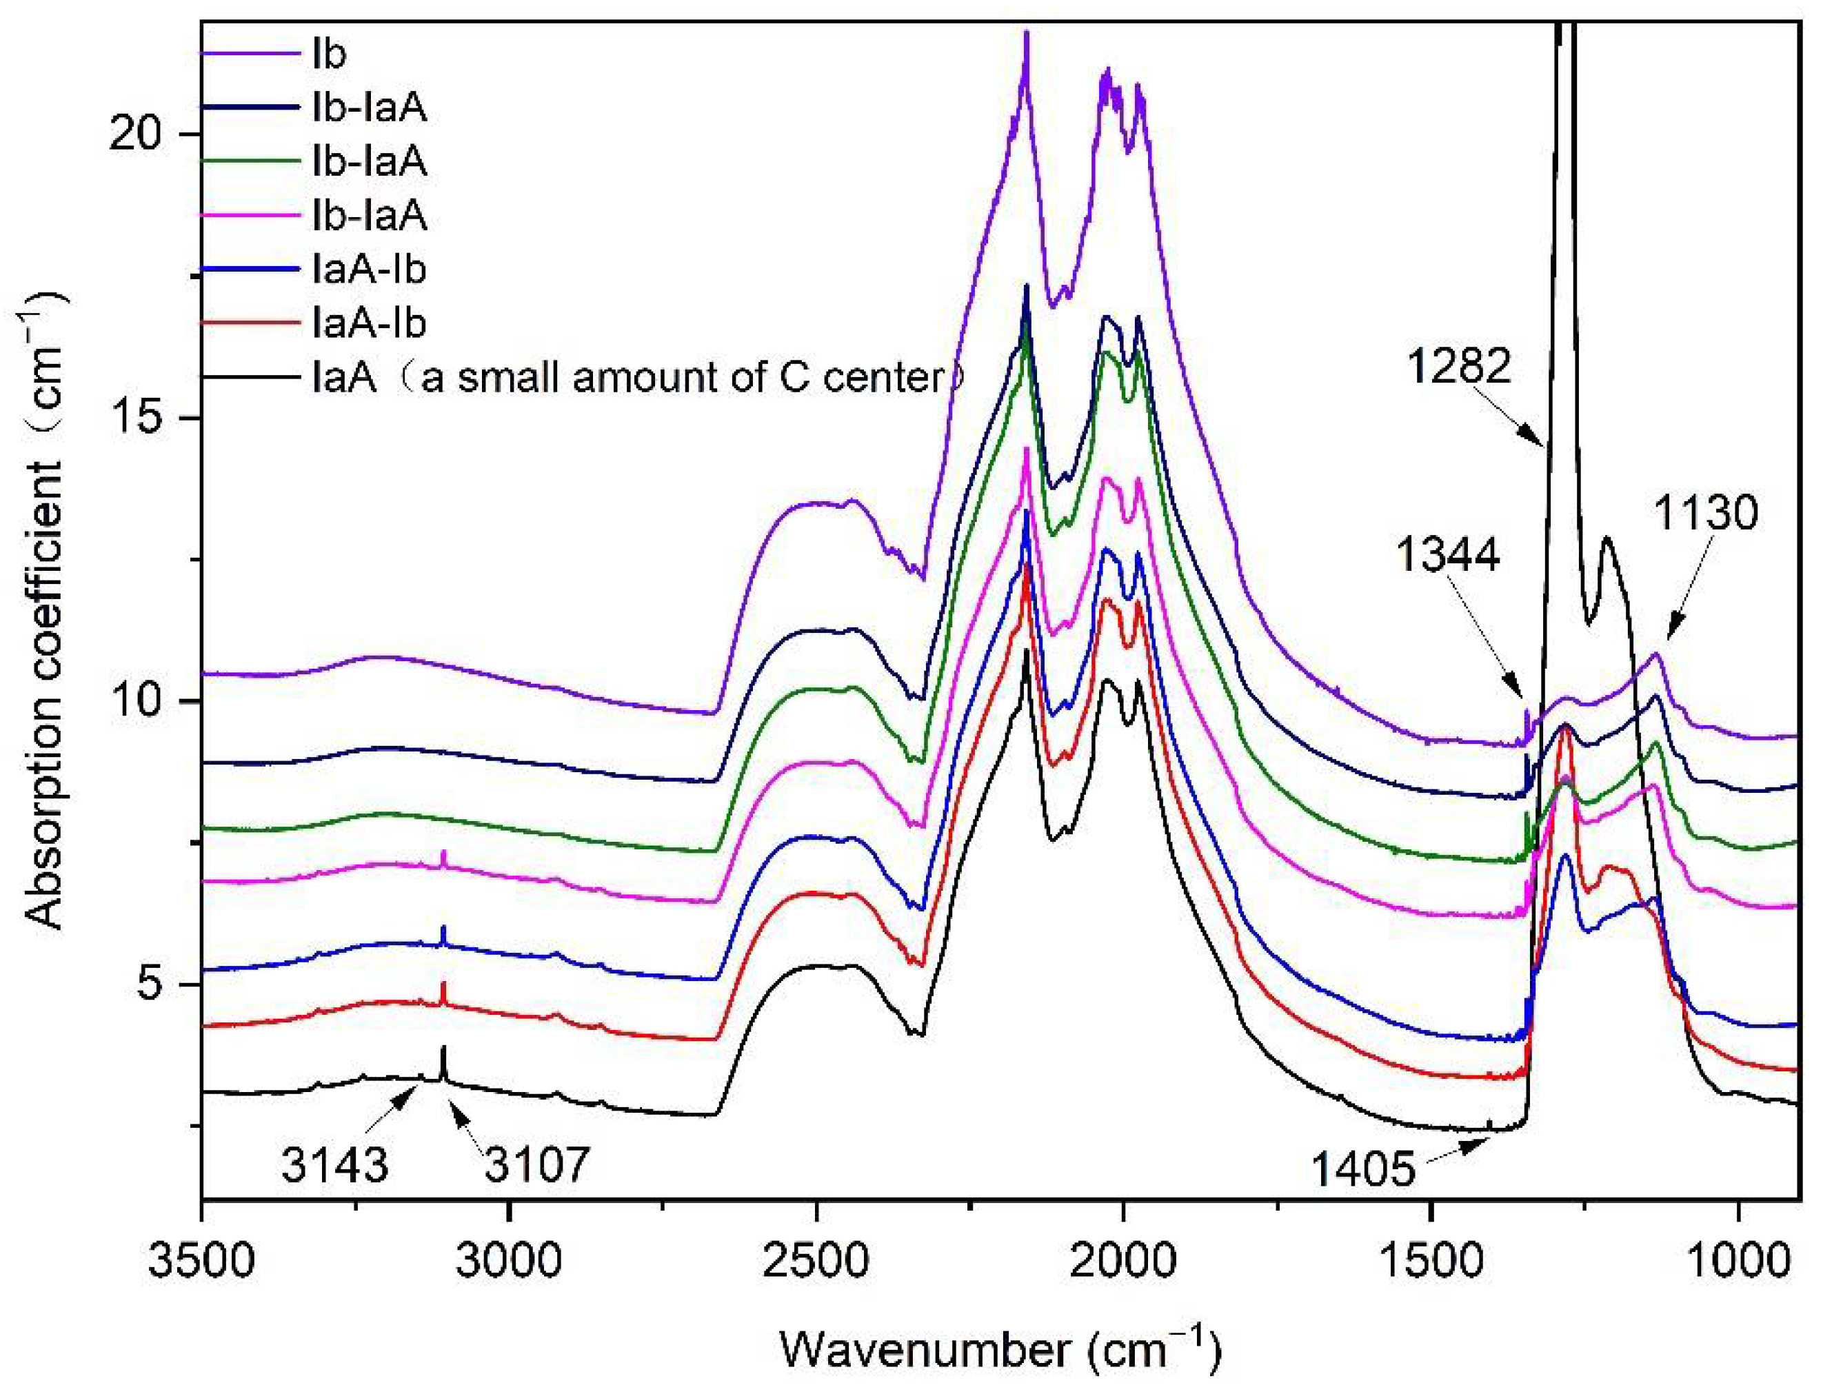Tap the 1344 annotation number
(1447, 554)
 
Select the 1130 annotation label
(1705, 513)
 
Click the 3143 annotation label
(334, 1164)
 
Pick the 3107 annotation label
(537, 1164)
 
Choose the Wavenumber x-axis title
(1000, 1350)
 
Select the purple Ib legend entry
(329, 54)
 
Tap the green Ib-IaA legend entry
(369, 161)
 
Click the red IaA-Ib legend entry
(369, 323)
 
